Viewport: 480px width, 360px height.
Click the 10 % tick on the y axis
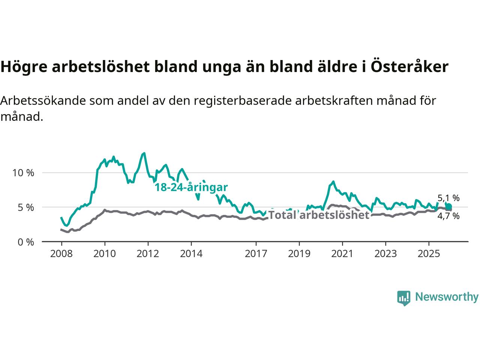point(23,173)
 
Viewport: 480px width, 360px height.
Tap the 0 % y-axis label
point(26,242)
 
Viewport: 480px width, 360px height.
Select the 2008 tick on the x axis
point(61,254)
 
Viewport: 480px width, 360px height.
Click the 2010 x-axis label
point(105,254)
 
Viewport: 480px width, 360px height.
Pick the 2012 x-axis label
point(148,254)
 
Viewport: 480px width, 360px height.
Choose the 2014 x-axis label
point(191,254)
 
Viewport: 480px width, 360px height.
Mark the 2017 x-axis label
point(256,254)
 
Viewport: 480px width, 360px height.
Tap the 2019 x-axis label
point(299,254)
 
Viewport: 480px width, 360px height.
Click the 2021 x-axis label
point(342,254)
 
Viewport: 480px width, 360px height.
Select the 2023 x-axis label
point(385,254)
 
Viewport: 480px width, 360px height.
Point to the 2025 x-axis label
point(429,254)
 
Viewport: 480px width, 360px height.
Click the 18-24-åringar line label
point(191,187)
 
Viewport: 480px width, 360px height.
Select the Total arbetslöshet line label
point(319,215)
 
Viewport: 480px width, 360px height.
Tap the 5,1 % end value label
point(448,198)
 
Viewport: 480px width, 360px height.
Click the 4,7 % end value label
point(448,216)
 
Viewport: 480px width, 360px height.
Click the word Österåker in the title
point(410,67)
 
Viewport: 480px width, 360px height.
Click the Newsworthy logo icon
point(403,298)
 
